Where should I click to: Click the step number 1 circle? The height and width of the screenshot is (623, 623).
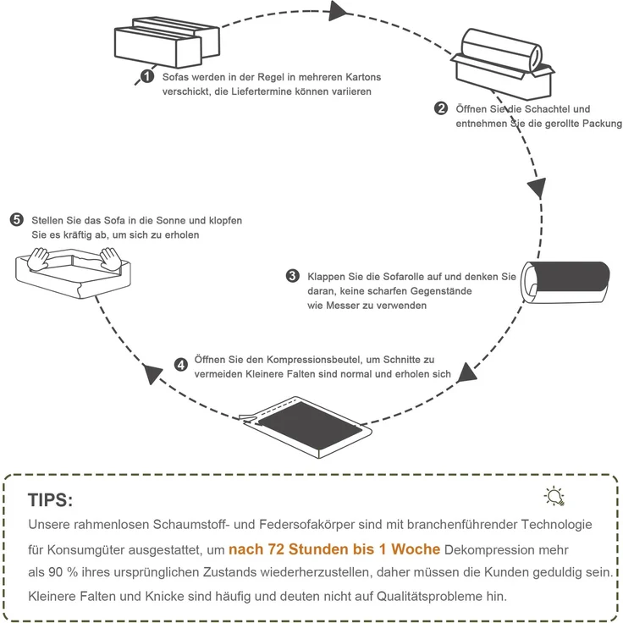coord(147,76)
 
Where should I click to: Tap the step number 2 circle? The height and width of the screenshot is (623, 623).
coord(441,108)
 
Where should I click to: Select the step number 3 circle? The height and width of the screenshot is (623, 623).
coord(293,276)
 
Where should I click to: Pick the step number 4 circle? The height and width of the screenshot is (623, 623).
coord(181,365)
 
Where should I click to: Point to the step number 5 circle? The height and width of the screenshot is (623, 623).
coord(17,220)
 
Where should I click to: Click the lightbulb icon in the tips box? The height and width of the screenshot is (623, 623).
coord(554,496)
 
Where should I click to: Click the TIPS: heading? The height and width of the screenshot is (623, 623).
coord(51,499)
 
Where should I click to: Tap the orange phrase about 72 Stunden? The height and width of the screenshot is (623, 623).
coord(334,549)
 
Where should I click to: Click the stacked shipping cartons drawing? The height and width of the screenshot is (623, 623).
coord(167,42)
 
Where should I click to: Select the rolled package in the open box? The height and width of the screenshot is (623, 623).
coord(501,51)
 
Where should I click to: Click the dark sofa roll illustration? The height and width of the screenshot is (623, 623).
coord(565,283)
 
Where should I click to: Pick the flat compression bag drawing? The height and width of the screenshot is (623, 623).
coord(306,427)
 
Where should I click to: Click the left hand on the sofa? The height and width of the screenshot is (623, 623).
coord(39,259)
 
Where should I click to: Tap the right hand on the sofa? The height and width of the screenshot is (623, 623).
coord(110,260)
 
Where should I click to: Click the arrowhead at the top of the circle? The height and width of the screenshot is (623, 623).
coord(338,11)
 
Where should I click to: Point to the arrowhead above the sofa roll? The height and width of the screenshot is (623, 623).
coord(538,188)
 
